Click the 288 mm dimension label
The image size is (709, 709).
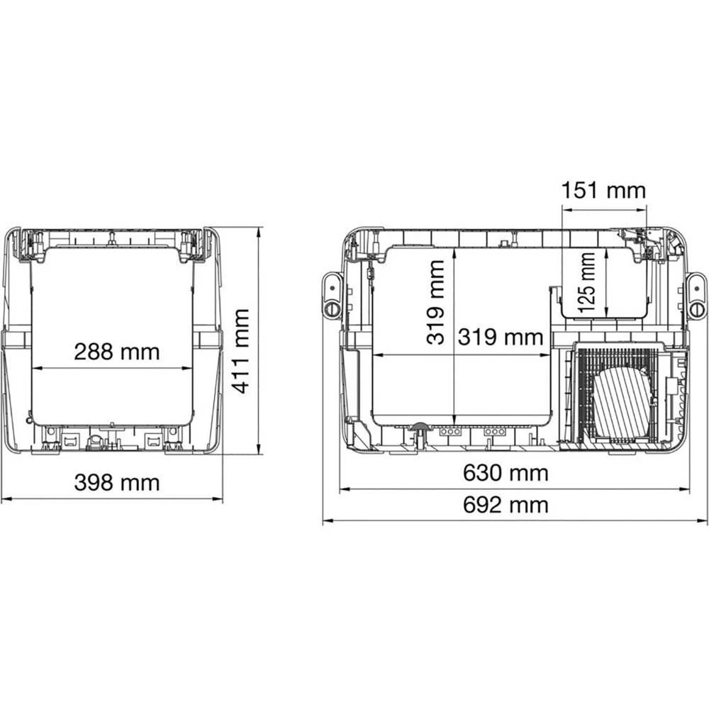coord(117,351)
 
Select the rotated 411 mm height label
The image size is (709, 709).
coord(241,351)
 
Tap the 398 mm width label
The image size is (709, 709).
coord(117,483)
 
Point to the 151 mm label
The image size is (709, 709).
coord(604,191)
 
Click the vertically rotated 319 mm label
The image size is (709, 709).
coord(435,302)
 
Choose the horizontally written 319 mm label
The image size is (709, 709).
coord(501,337)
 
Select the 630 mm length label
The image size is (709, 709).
coord(506,473)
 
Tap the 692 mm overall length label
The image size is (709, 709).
coord(506,505)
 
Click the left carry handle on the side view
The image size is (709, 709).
coord(331,296)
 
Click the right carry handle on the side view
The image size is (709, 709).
coord(697,296)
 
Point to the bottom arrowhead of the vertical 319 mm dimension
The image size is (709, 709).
coord(454,419)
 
